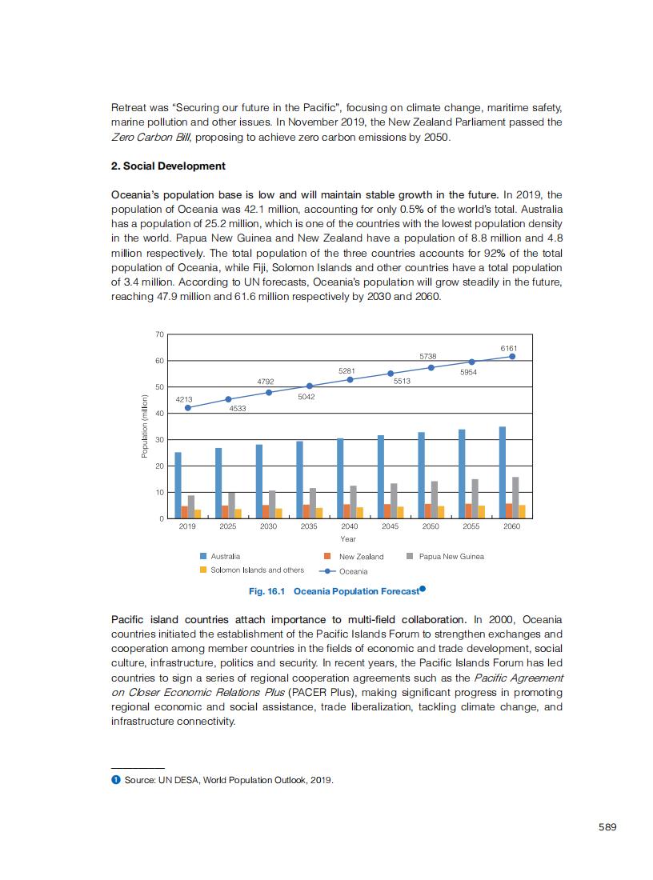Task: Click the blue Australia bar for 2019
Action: pos(178,486)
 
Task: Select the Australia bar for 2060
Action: pos(503,473)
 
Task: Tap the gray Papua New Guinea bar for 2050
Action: pos(435,500)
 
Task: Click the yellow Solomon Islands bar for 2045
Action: pos(400,513)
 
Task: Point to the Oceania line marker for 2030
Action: pos(269,392)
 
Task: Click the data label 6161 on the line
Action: pos(509,348)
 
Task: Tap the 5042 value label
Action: pos(306,397)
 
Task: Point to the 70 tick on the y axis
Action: pos(159,334)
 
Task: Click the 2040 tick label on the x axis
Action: pos(350,527)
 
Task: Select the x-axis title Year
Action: pos(348,539)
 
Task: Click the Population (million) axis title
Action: pos(145,426)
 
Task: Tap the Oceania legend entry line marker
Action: pos(328,571)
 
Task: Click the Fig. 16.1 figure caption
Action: pos(335,591)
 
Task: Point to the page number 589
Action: pos(607,827)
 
